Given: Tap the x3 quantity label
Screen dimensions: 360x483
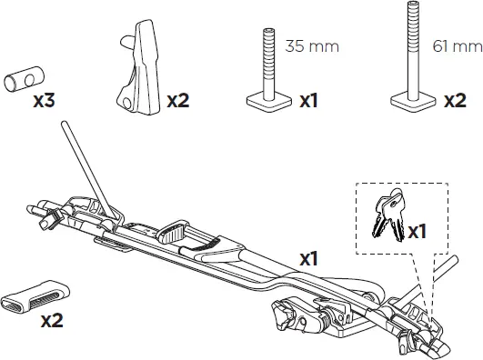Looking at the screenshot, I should [44, 101].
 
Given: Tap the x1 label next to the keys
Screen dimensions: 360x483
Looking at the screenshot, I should [417, 232].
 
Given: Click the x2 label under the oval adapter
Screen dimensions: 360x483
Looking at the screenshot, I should [52, 320].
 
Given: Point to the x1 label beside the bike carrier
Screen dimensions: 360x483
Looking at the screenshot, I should [307, 259].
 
